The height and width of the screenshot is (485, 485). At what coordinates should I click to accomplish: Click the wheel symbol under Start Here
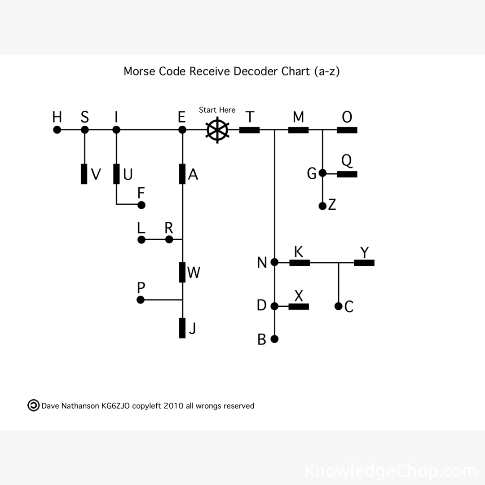point(217,130)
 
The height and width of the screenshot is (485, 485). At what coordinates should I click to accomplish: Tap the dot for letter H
point(57,130)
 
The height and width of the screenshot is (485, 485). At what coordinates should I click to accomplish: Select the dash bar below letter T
point(250,130)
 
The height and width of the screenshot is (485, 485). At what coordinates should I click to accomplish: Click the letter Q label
point(347,160)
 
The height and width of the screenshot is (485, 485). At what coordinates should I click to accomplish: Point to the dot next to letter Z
point(322,206)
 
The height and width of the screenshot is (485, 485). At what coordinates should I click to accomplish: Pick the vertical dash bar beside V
point(84,174)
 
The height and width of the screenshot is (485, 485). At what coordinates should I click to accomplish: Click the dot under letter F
point(141,205)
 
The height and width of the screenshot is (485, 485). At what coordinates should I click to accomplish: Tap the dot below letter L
point(141,240)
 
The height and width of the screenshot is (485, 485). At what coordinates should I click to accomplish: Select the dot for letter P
point(141,300)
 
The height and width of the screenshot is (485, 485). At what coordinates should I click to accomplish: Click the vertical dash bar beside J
point(182,328)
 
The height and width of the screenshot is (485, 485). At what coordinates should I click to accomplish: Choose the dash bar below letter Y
point(364,263)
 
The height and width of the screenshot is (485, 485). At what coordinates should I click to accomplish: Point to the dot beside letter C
point(339,306)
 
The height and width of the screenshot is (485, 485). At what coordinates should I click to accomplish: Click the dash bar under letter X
point(299,307)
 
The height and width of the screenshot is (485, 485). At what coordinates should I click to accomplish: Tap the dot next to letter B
point(275,339)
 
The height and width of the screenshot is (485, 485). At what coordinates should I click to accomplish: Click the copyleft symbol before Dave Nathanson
point(34,405)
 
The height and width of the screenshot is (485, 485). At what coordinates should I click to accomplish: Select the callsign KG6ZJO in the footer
point(116,406)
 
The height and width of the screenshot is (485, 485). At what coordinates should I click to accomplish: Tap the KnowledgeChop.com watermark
point(390,471)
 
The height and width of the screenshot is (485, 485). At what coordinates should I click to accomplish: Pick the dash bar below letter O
point(347,130)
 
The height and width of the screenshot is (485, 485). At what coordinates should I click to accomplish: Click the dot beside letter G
point(322,173)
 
